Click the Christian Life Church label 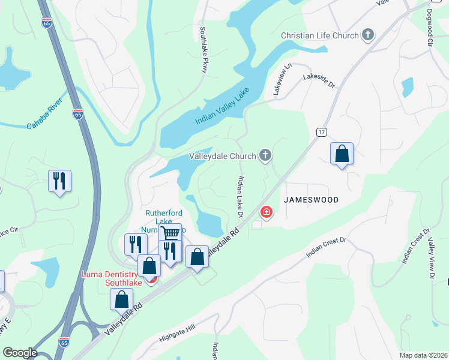pyautogui.click(x=319, y=35)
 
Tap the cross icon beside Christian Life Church pyautogui.click(x=368, y=35)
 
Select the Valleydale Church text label pyautogui.click(x=222, y=157)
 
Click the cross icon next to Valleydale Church pyautogui.click(x=265, y=157)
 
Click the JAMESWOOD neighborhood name pyautogui.click(x=311, y=200)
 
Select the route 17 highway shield pyautogui.click(x=321, y=131)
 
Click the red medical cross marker pyautogui.click(x=265, y=212)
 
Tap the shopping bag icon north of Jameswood pyautogui.click(x=342, y=154)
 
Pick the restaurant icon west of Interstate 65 pyautogui.click(x=59, y=181)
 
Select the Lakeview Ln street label pyautogui.click(x=278, y=80)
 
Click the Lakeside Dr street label pyautogui.click(x=319, y=80)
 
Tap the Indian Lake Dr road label pyautogui.click(x=241, y=197)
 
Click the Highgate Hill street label pyautogui.click(x=178, y=335)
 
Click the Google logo pyautogui.click(x=20, y=352)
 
